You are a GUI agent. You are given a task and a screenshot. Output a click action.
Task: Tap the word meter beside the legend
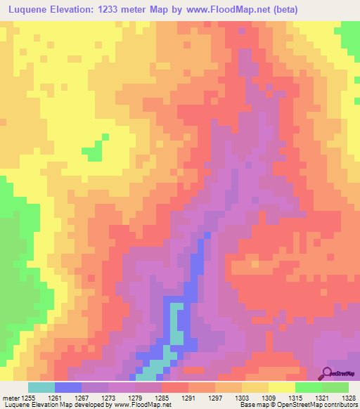pyautogui.click(x=11, y=397)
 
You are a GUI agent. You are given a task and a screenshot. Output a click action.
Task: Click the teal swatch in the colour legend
pyautogui.click(x=41, y=387)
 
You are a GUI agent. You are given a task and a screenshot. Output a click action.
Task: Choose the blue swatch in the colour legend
pyautogui.click(x=68, y=387)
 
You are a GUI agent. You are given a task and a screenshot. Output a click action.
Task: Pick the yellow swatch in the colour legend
pyautogui.click(x=281, y=387)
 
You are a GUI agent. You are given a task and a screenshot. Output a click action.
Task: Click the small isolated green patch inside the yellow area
pyautogui.click(x=91, y=151)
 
